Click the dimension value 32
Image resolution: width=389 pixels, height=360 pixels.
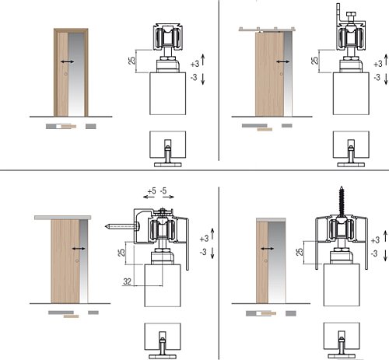click(127, 281)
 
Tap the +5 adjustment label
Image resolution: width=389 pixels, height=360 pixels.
click(152, 191)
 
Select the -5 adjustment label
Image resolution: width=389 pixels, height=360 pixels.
click(163, 191)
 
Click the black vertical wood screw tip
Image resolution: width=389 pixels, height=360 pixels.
click(342, 187)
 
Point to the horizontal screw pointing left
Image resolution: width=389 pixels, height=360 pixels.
click(123, 227)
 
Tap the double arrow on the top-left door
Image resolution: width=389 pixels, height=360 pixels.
click(67, 61)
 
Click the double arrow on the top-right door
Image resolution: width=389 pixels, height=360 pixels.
click(282, 61)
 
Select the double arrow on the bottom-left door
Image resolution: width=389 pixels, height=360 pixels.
click(79, 249)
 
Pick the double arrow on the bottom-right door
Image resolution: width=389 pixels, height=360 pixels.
click(267, 249)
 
